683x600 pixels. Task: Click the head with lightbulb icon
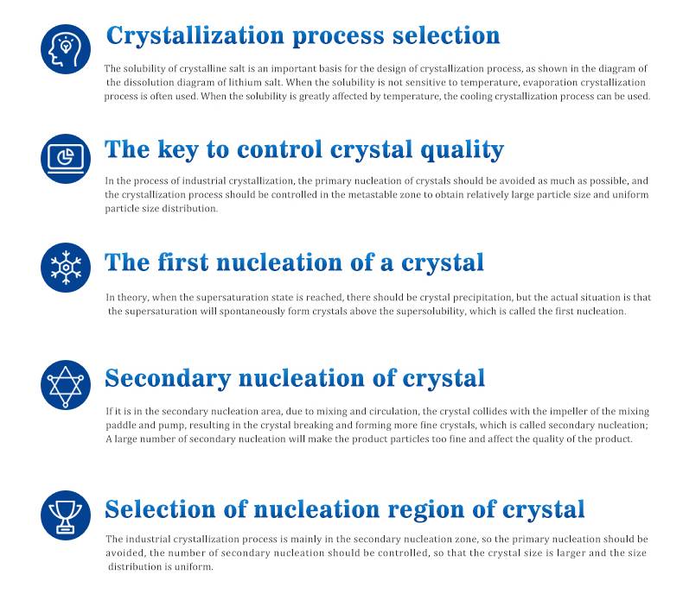click(x=66, y=49)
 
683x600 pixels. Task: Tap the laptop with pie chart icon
click(x=66, y=158)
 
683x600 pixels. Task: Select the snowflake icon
click(x=66, y=267)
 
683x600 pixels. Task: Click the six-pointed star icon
click(x=66, y=385)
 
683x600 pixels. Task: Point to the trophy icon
click(x=66, y=515)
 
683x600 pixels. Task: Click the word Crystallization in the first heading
click(x=195, y=36)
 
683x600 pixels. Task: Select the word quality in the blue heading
click(x=463, y=150)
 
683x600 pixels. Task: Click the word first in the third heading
click(x=183, y=262)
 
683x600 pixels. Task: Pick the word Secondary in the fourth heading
click(x=168, y=378)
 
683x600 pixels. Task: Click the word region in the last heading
click(x=426, y=510)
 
